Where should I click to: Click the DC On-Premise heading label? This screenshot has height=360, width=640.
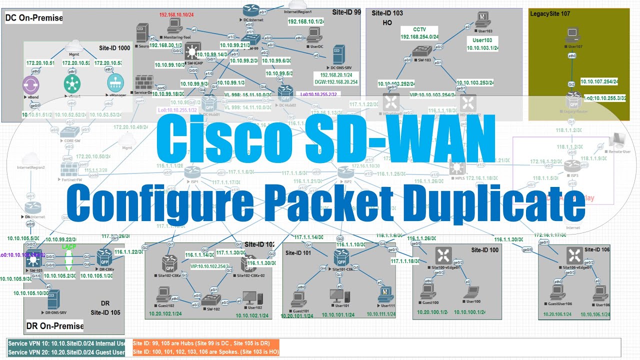click(x=34, y=18)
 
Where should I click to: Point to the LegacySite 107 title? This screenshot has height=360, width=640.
click(x=549, y=13)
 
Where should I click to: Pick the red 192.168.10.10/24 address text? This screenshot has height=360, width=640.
click(x=177, y=15)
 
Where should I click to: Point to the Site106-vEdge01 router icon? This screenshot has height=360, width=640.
click(x=572, y=256)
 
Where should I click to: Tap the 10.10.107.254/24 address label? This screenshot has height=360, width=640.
click(x=598, y=81)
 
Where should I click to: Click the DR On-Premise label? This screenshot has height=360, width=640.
click(x=54, y=326)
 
